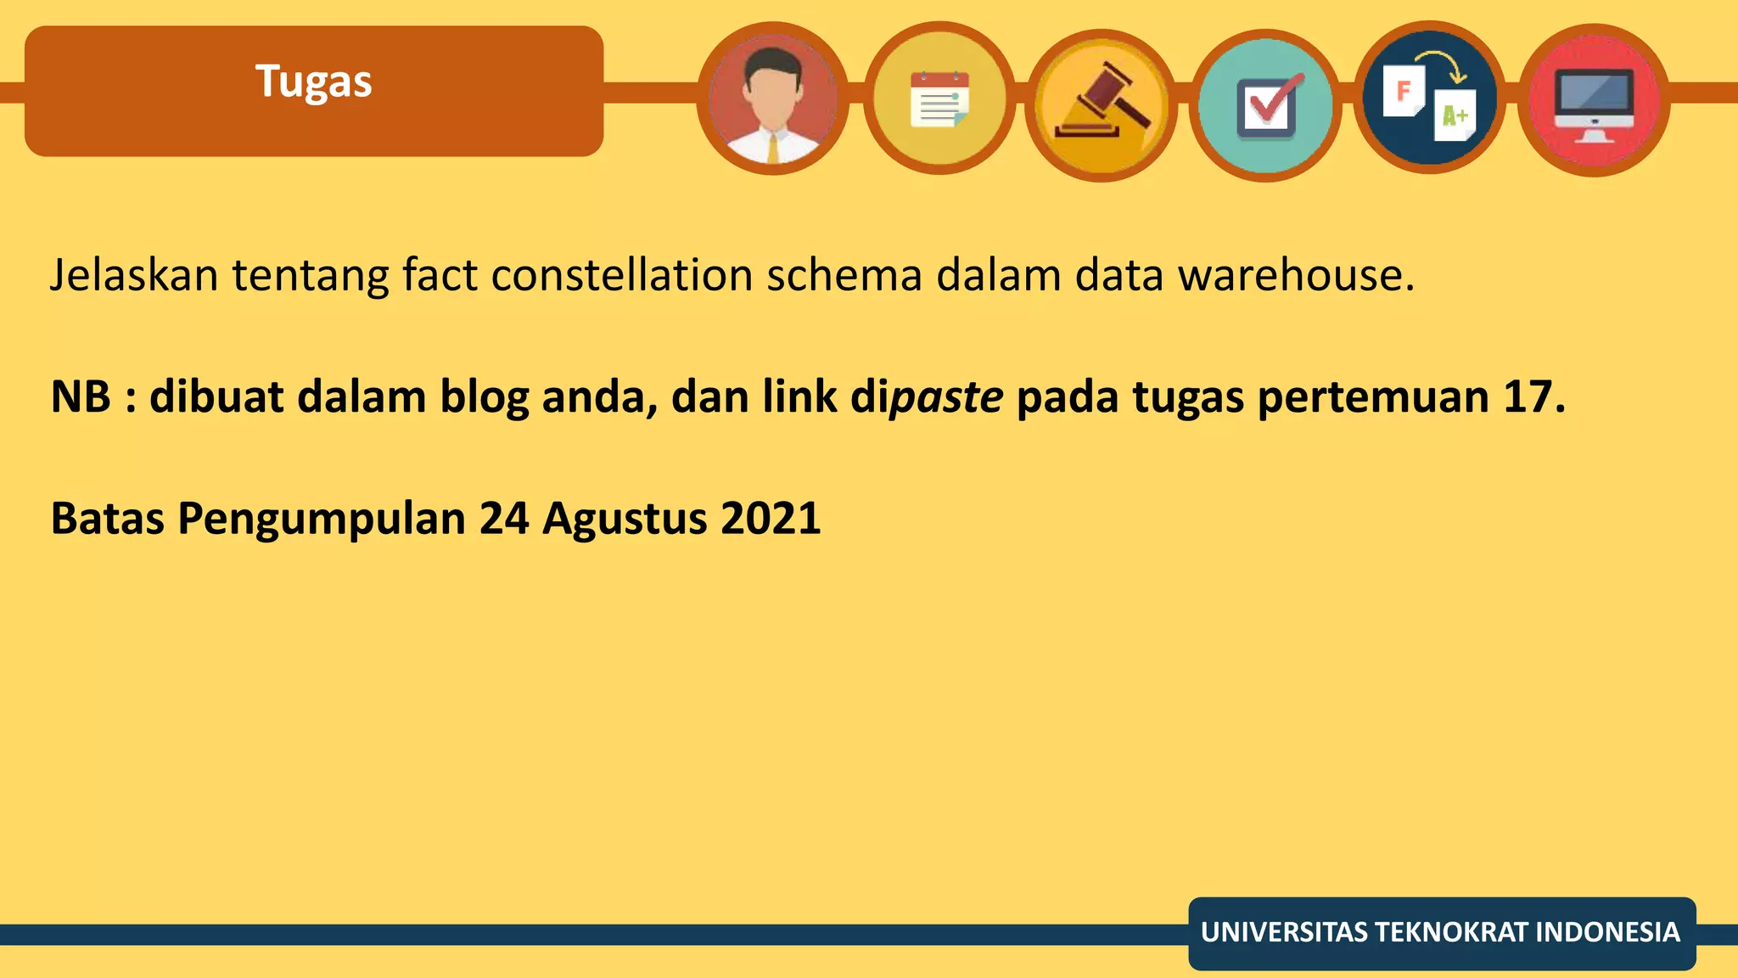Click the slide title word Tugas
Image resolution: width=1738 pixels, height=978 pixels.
coord(313,82)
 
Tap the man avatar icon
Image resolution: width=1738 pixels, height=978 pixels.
coord(772,98)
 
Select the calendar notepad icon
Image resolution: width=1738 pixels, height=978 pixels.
coord(939,98)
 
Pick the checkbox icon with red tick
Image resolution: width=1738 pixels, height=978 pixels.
coord(1265,105)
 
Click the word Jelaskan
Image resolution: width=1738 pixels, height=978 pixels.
coord(134,275)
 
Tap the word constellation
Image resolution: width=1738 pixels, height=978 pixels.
coord(621,275)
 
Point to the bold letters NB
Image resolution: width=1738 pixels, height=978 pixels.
coord(81,396)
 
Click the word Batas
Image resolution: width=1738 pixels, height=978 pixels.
coord(107,518)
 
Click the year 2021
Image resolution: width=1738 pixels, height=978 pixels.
coord(771,518)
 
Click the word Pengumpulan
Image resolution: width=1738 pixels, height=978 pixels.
coord(322,520)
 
